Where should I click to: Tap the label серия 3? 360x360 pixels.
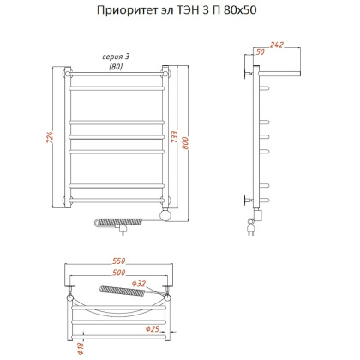[x=115, y=57]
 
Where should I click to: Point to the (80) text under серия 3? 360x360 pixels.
[x=115, y=67]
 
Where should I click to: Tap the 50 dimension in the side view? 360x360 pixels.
[x=261, y=52]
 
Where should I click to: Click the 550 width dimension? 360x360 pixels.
[x=120, y=258]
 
